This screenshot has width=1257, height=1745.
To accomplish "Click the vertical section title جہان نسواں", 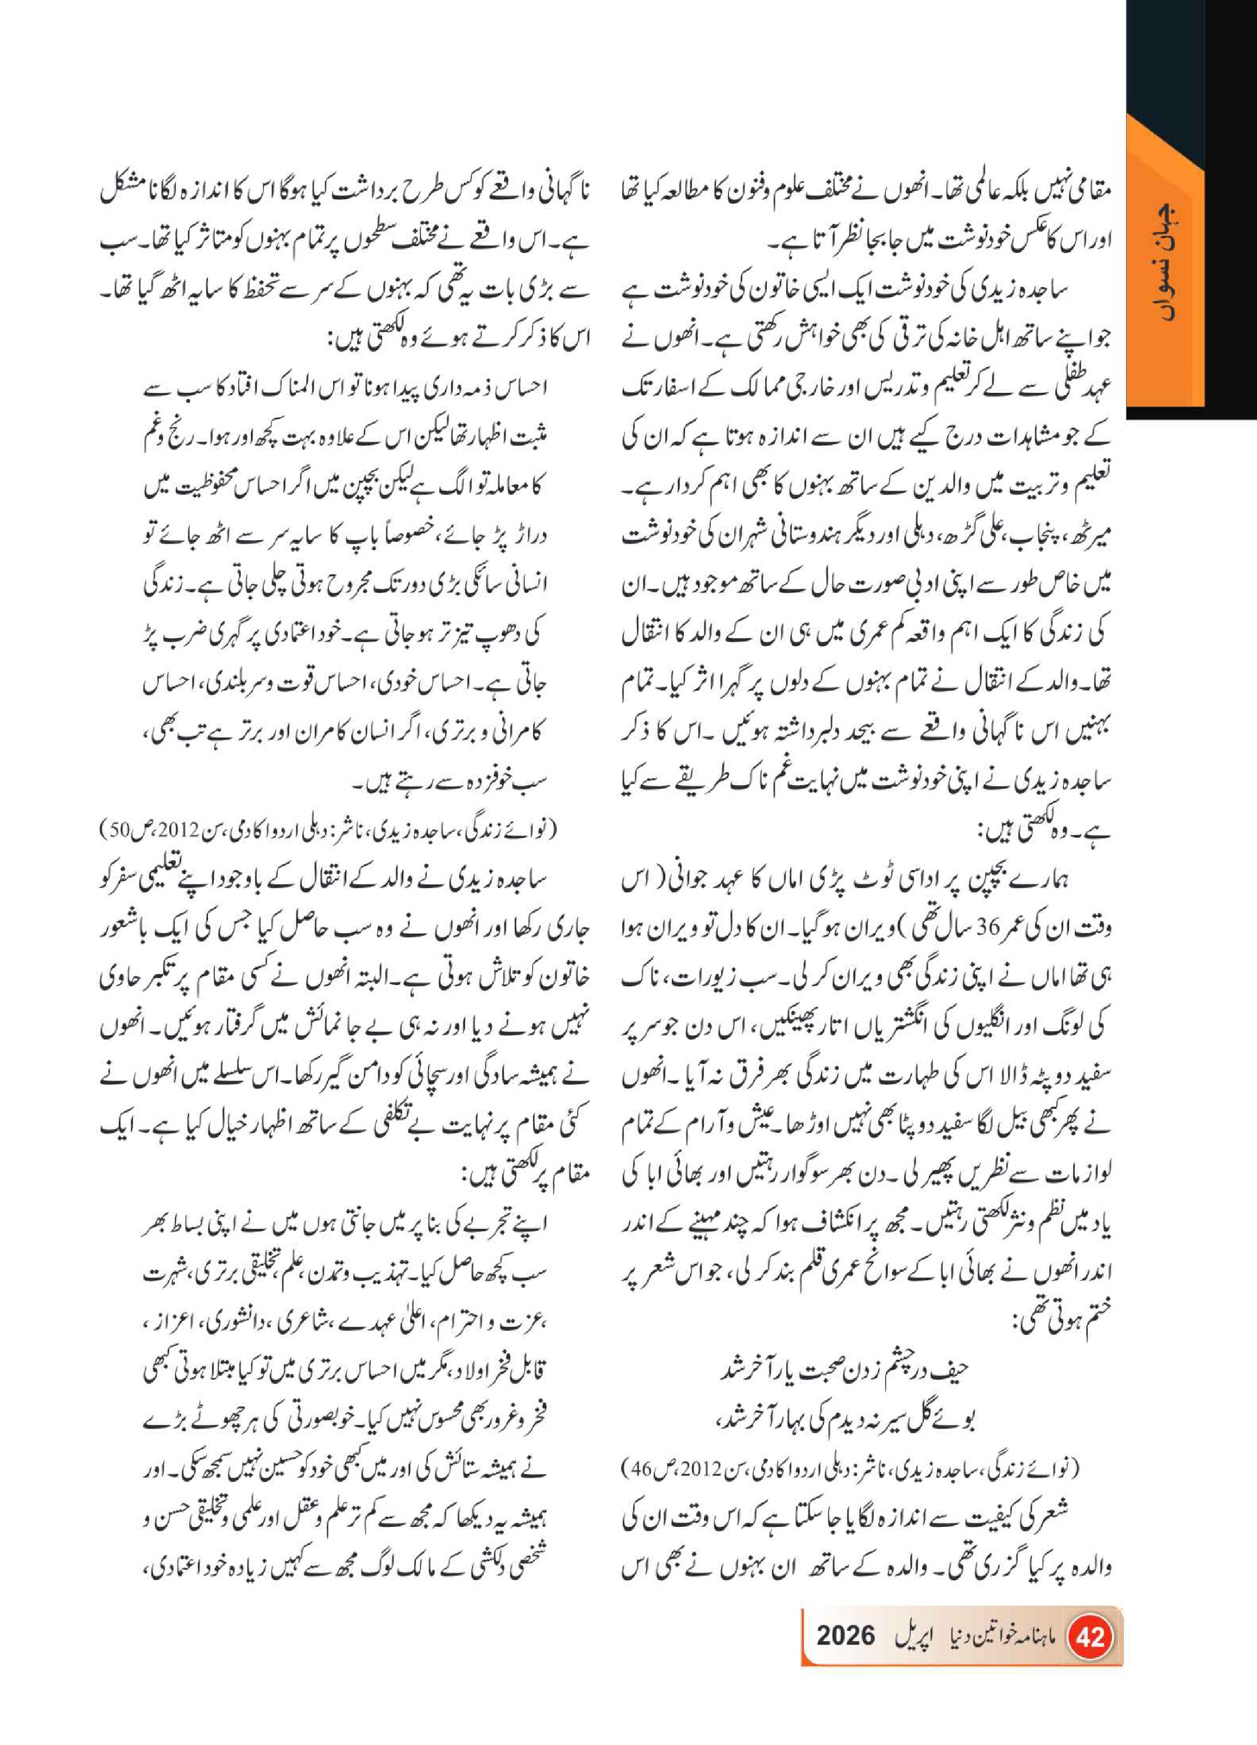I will pyautogui.click(x=1164, y=262).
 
